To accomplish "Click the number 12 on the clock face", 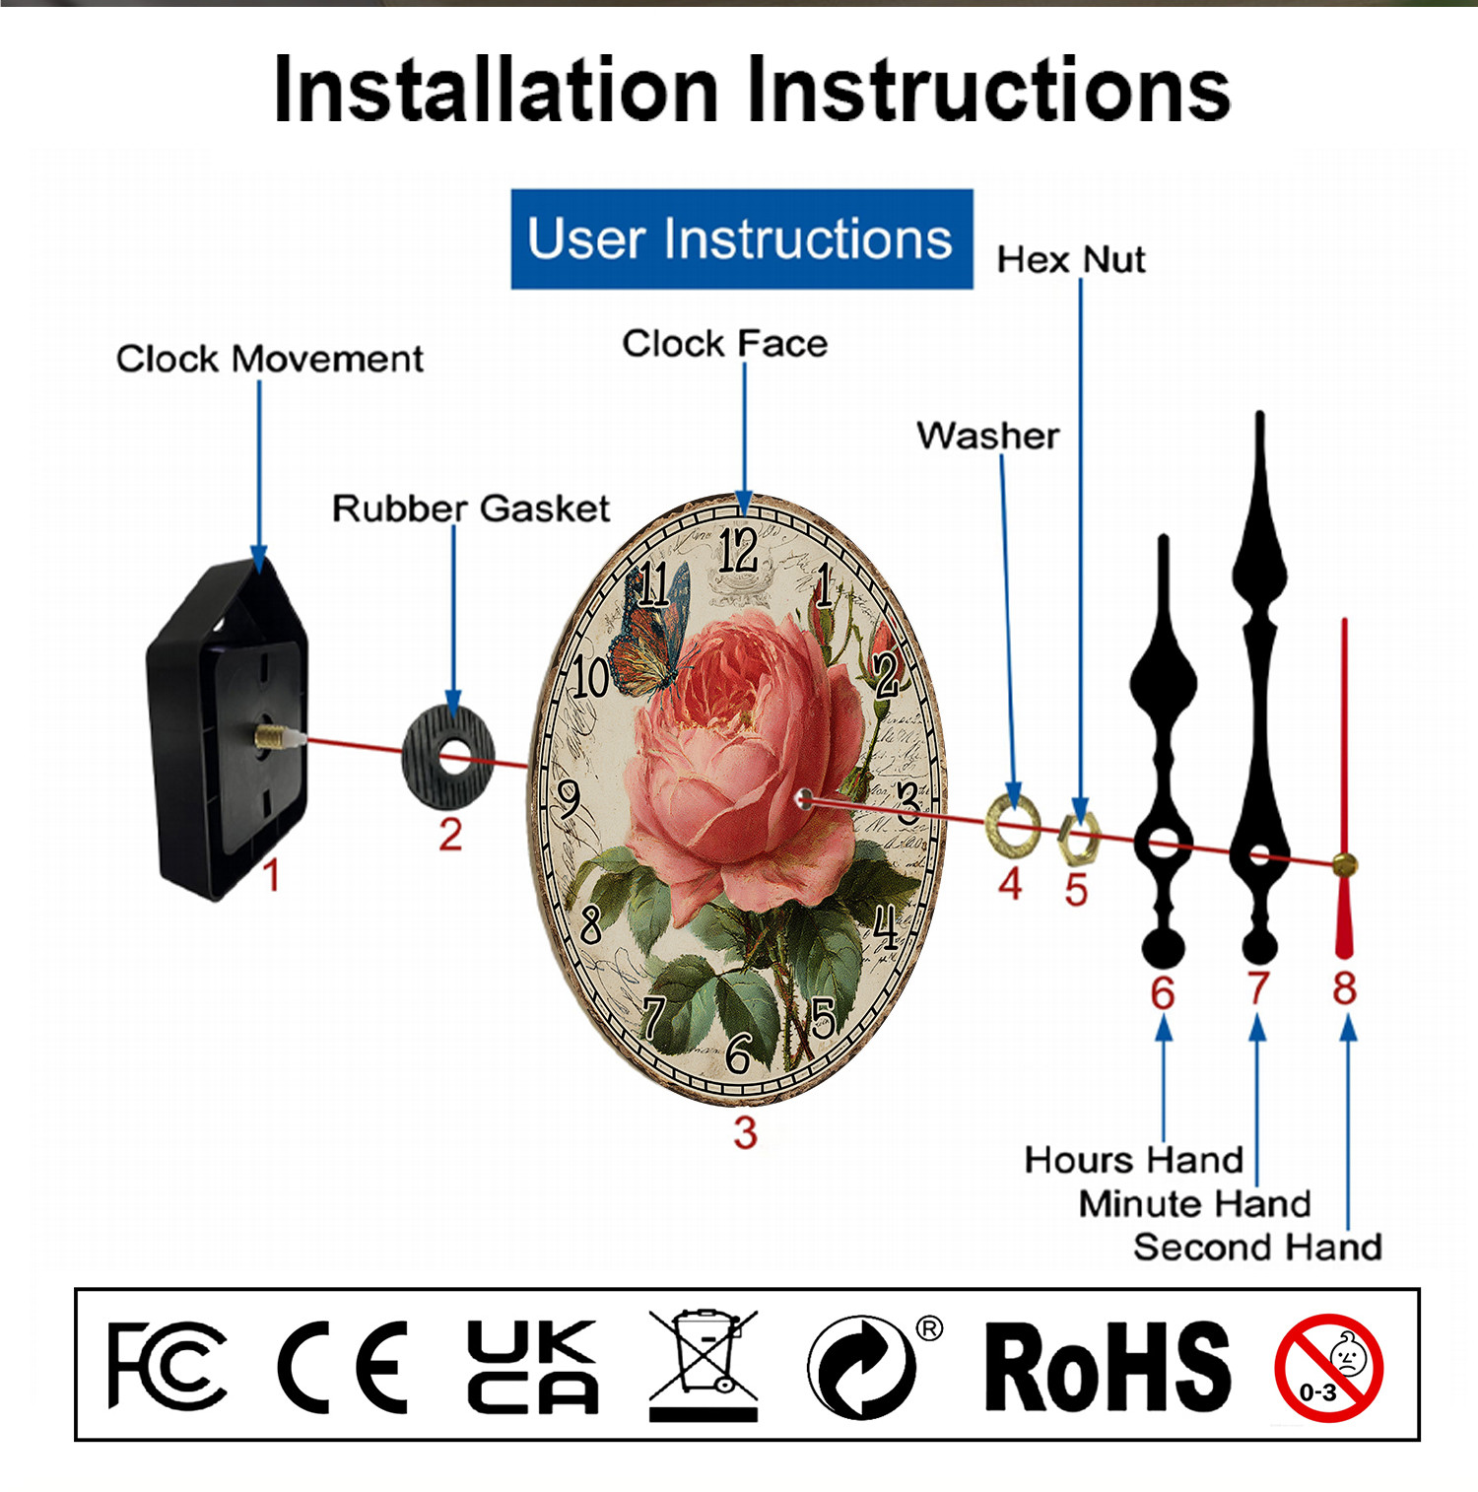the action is (x=738, y=550).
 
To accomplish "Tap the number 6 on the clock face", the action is (x=739, y=1052).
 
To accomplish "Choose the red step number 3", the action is (x=745, y=1132).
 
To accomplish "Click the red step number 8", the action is (x=1345, y=987).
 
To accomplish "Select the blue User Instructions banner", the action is (x=742, y=239).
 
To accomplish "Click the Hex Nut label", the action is (x=1071, y=260).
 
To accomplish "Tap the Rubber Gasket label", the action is (x=471, y=509).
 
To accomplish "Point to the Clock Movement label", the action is (x=270, y=359).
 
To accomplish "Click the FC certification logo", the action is (x=167, y=1366).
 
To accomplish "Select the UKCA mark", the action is (x=533, y=1366).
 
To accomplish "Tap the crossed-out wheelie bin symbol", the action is (x=704, y=1366).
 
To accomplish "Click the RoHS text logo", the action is (x=1108, y=1366).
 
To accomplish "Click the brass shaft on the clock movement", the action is (x=280, y=737).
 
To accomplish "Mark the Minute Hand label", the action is (x=1194, y=1204).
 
